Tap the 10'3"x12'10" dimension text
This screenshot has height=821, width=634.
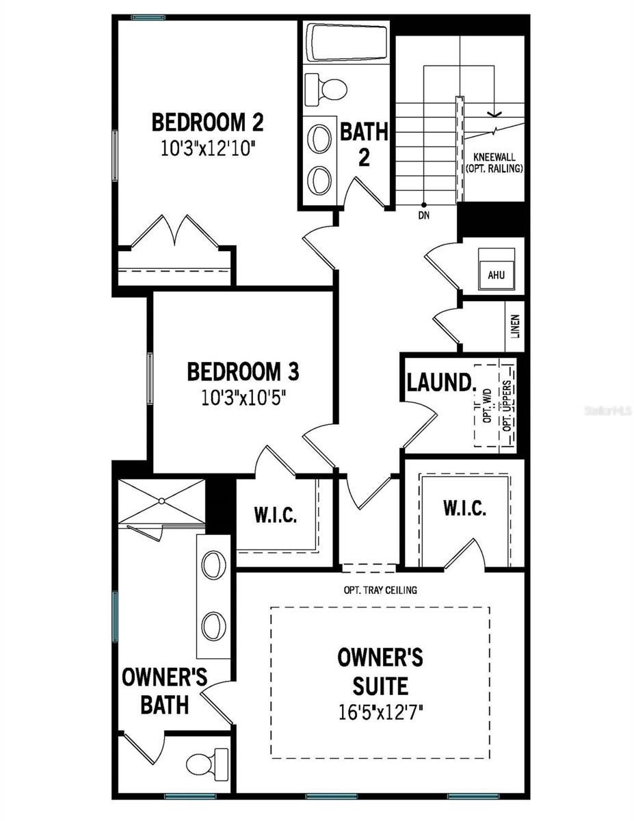tap(207, 148)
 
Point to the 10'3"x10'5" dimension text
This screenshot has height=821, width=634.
tap(243, 398)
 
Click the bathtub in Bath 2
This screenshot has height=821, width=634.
tap(345, 44)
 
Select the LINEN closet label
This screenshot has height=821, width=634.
tap(515, 326)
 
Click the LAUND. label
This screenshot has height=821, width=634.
tap(440, 382)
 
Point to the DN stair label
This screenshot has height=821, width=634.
tap(424, 214)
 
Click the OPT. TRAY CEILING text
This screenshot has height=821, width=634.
tap(380, 590)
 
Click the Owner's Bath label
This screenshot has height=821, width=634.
tap(164, 691)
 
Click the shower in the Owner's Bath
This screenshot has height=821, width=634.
tap(161, 503)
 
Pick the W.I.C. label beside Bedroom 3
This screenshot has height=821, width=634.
tap(276, 515)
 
